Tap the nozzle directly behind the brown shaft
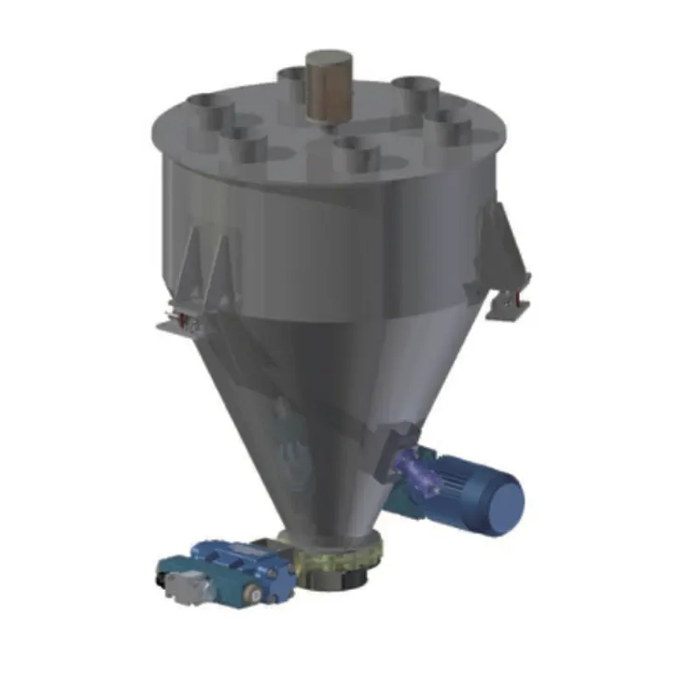(x=297, y=82)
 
